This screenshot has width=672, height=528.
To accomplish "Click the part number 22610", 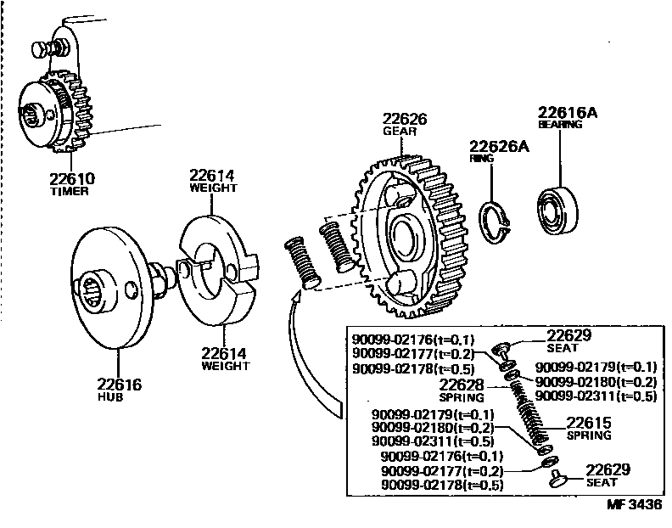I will (71, 178).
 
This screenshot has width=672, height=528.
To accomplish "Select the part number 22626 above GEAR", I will (404, 120).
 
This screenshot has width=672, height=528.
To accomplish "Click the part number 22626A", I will (499, 146).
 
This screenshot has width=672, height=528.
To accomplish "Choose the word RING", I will (481, 159).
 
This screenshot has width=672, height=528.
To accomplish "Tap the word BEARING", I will (560, 125).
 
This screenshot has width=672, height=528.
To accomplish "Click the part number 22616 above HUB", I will (117, 385).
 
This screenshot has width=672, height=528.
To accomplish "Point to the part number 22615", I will (590, 423).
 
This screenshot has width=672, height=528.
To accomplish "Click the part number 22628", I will (462, 385).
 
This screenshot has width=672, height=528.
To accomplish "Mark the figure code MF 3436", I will (633, 504).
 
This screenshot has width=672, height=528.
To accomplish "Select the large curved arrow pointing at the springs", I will (308, 357).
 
